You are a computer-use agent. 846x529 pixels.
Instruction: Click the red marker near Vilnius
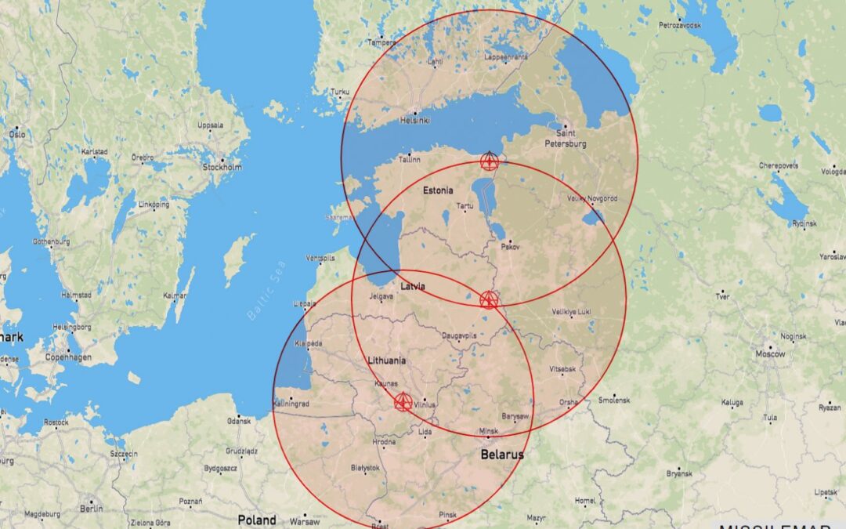point(403,402)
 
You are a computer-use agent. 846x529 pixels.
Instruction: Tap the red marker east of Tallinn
point(489,161)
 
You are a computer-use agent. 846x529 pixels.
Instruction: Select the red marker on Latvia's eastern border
point(488,299)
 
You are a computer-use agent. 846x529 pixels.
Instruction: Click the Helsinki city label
point(415,120)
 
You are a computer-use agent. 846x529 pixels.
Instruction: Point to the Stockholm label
point(222,167)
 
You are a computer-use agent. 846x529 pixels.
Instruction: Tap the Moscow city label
point(769,354)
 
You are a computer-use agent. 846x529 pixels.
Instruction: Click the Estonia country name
point(438,190)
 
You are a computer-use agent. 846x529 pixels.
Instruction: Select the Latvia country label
point(413,286)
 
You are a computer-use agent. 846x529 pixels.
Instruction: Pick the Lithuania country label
point(387,361)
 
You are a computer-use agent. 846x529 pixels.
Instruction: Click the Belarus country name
point(502,454)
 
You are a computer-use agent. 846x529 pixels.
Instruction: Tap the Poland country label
point(257,520)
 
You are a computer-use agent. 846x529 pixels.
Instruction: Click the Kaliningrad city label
point(291,404)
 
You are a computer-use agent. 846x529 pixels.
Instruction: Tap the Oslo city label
point(17,134)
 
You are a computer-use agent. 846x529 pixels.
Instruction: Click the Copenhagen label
point(68,357)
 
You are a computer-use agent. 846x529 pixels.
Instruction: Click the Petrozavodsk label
point(680,25)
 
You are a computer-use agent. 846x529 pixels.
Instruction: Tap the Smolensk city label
point(614,399)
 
